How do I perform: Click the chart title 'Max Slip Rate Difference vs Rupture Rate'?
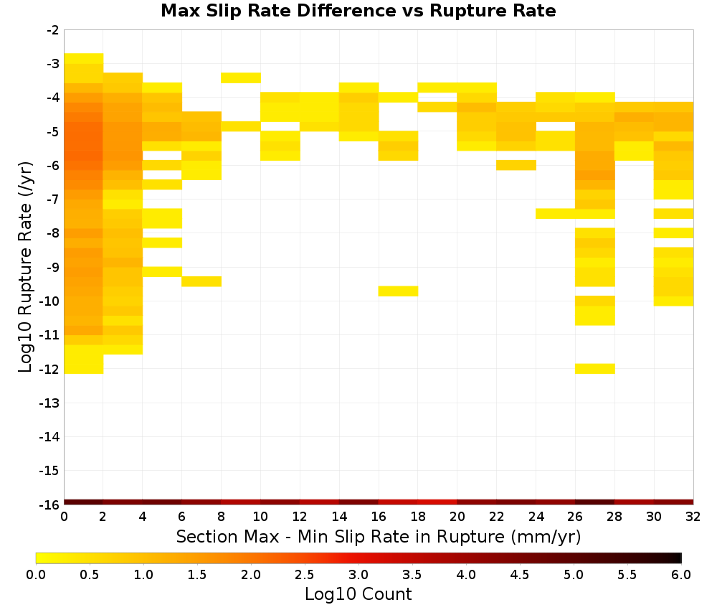[x=358, y=11]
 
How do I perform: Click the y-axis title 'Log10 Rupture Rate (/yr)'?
[x=26, y=267]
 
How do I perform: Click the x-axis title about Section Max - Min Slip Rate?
[x=379, y=536]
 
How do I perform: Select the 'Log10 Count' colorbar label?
[x=358, y=594]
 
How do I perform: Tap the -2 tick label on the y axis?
[x=52, y=30]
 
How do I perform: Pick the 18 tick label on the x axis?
[x=418, y=517]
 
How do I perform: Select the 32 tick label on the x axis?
[x=693, y=517]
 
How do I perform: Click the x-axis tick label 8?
[x=222, y=517]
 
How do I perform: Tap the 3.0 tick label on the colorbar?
[x=358, y=574]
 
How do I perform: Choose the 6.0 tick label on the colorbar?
[x=681, y=574]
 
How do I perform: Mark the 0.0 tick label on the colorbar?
[x=36, y=574]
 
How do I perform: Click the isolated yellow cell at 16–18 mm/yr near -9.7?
[x=398, y=291]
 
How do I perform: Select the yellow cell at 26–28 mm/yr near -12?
[x=595, y=369]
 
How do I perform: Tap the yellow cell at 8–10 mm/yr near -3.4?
[x=241, y=78]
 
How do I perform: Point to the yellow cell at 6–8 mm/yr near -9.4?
[x=201, y=281]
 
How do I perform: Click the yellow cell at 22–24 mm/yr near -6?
[x=516, y=165]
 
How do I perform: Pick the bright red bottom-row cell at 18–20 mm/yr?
[x=437, y=502]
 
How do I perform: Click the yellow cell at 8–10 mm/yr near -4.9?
[x=241, y=126]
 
